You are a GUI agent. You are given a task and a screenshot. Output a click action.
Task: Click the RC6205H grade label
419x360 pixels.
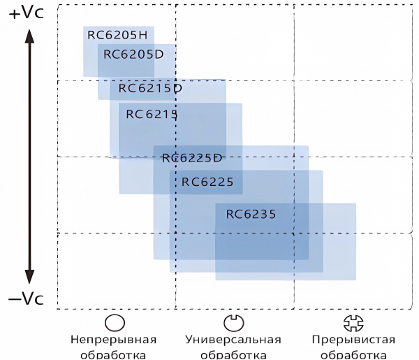pyautogui.click(x=117, y=35)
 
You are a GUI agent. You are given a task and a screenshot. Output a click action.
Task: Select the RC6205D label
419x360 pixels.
pyautogui.click(x=133, y=55)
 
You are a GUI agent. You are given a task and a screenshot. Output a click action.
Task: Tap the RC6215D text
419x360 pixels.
pyautogui.click(x=150, y=88)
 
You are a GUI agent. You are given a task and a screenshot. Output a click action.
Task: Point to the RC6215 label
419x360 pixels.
pyautogui.click(x=152, y=114)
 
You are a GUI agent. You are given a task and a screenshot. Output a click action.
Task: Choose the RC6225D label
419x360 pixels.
pyautogui.click(x=192, y=158)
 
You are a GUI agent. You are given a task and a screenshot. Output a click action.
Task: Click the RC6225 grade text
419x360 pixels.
pyautogui.click(x=207, y=182)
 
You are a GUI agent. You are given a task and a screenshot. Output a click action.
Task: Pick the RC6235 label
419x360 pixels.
pyautogui.click(x=251, y=214)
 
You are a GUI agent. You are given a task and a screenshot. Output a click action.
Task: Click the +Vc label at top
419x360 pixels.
pyautogui.click(x=27, y=13)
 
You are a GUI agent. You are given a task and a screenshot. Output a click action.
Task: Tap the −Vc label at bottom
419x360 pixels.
pyautogui.click(x=26, y=298)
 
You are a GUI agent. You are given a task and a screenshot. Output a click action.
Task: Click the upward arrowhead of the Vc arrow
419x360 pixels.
pyautogui.click(x=29, y=36)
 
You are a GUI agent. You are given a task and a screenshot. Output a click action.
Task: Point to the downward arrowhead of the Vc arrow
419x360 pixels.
pyautogui.click(x=29, y=277)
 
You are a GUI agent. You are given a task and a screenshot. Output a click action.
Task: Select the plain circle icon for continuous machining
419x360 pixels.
pyautogui.click(x=115, y=322)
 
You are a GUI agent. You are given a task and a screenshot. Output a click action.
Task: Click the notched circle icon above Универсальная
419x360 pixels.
pyautogui.click(x=233, y=322)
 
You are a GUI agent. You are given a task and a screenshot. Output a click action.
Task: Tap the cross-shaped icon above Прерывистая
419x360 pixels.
pyautogui.click(x=353, y=323)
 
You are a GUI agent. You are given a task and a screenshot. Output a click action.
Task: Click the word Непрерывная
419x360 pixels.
pyautogui.click(x=113, y=340)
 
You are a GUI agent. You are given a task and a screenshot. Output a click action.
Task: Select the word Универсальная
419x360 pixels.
pyautogui.click(x=233, y=340)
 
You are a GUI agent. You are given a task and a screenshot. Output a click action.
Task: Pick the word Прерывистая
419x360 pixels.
pyautogui.click(x=353, y=340)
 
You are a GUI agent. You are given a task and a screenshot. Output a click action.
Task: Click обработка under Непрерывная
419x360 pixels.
pyautogui.click(x=113, y=355)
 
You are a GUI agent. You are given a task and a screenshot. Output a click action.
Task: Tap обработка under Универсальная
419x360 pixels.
pyautogui.click(x=233, y=355)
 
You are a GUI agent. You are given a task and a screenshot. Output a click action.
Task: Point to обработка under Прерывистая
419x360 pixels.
pyautogui.click(x=353, y=355)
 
